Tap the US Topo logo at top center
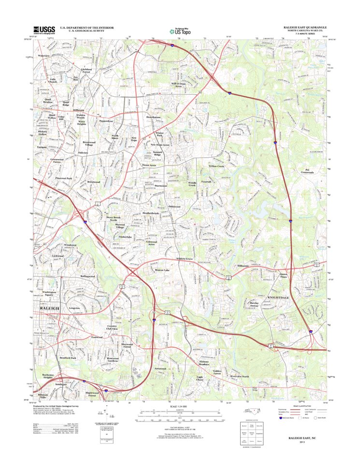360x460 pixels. tap(180, 30)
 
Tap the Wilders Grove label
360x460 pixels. tap(185, 259)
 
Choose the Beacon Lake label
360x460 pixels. tap(163, 269)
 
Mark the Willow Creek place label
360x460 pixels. tap(216, 166)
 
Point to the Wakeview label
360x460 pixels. tap(43, 57)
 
